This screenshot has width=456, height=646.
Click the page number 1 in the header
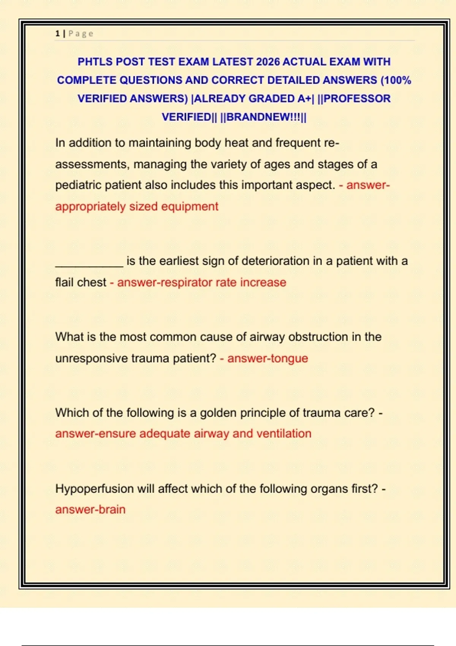pyautogui.click(x=57, y=33)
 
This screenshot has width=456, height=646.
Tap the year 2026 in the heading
pyautogui.click(x=268, y=62)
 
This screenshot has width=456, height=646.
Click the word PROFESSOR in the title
pyautogui.click(x=357, y=98)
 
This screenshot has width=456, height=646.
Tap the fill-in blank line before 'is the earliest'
pyautogui.click(x=89, y=262)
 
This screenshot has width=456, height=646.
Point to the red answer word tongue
pyautogui.click(x=289, y=358)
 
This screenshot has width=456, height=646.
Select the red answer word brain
pyautogui.click(x=112, y=510)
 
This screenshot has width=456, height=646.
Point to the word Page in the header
pyautogui.click(x=81, y=33)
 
